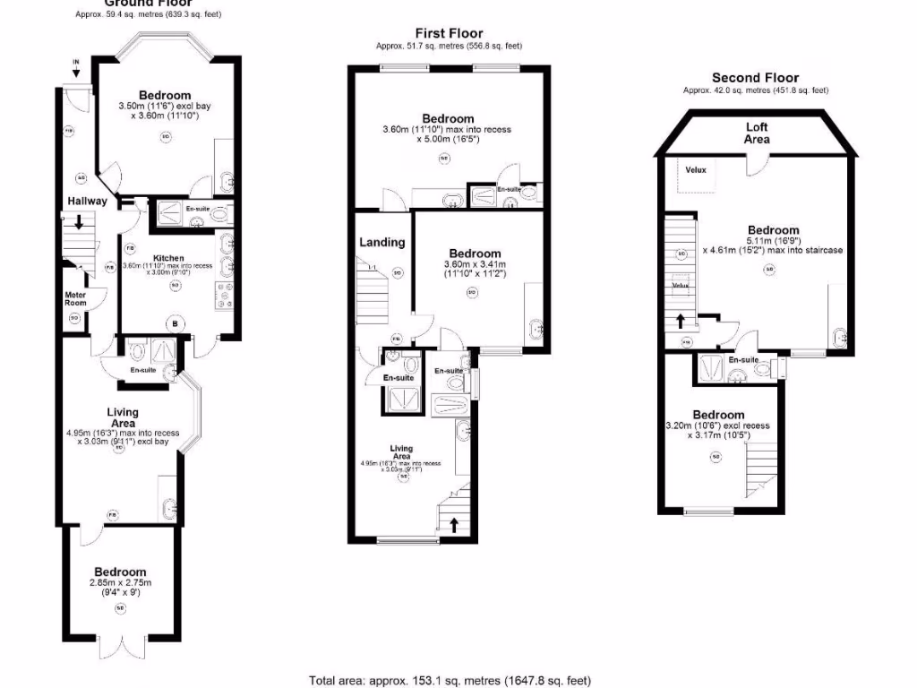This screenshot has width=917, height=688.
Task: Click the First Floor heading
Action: coord(449,34)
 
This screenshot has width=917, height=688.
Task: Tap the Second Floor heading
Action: coord(755,78)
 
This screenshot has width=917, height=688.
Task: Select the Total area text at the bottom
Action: coord(450,681)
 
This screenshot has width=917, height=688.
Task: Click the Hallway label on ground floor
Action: coord(86,201)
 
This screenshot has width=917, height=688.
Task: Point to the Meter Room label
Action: coord(75,298)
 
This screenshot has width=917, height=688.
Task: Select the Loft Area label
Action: coord(757,133)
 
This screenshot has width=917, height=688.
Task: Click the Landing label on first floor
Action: coord(382,242)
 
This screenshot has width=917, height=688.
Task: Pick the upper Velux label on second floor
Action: coord(697,168)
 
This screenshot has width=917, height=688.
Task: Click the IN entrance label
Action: coord(76,62)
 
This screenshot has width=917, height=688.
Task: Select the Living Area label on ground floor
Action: coord(123,417)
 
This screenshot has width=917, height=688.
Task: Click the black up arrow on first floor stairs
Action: coord(454,525)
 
